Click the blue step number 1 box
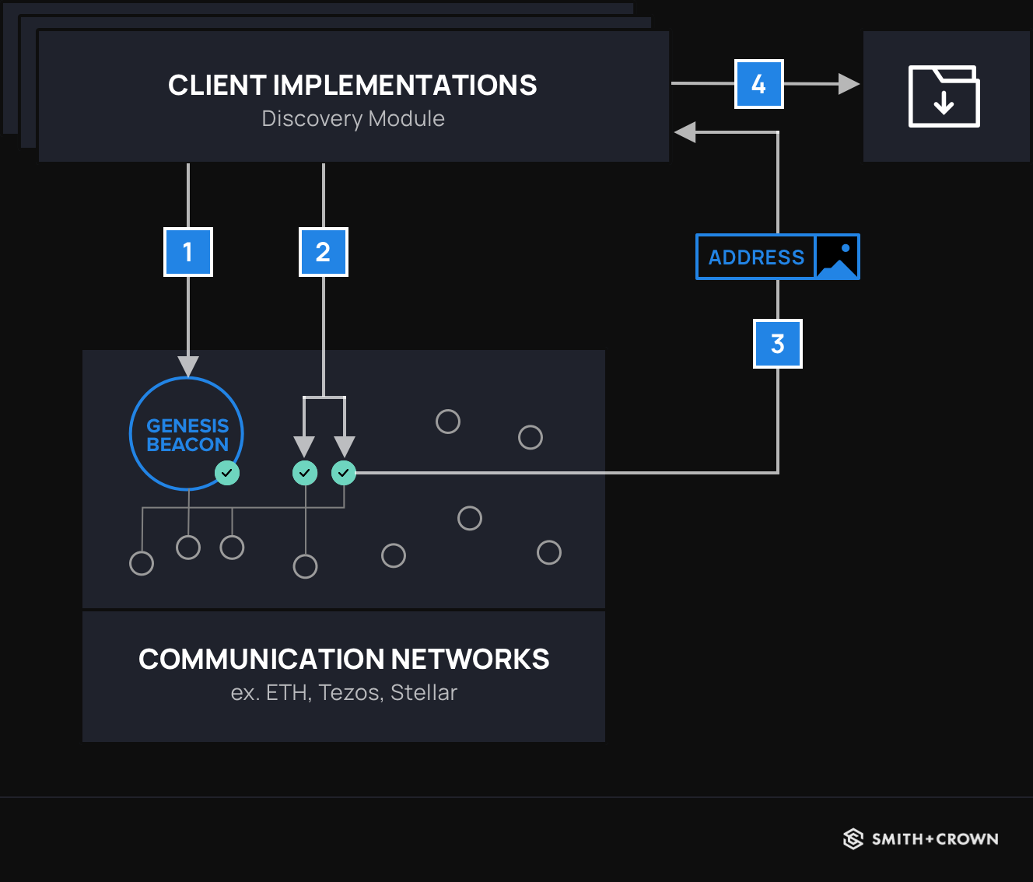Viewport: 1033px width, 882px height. click(x=188, y=252)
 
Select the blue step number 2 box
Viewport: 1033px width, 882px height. click(x=324, y=252)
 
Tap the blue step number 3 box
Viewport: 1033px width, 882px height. click(x=778, y=344)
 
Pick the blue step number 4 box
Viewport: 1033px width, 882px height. click(x=759, y=84)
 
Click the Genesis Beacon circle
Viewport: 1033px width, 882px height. click(x=187, y=433)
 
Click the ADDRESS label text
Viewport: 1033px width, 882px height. click(x=756, y=257)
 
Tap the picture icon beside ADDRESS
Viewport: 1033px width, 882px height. click(x=837, y=257)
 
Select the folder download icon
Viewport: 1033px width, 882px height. click(x=944, y=96)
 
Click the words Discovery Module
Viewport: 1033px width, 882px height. click(x=353, y=119)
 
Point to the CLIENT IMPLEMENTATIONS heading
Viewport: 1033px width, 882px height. click(x=352, y=86)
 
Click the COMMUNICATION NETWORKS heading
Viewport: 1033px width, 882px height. click(x=344, y=660)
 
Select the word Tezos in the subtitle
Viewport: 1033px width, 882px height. click(x=350, y=692)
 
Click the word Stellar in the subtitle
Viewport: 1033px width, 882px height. click(x=424, y=692)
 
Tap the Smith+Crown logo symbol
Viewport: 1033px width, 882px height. click(x=853, y=838)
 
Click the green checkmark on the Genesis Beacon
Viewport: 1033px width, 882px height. click(x=227, y=472)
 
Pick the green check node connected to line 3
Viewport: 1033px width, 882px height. click(x=344, y=472)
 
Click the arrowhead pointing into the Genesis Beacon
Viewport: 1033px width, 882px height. click(x=188, y=366)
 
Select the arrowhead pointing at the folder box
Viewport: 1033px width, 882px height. click(x=849, y=84)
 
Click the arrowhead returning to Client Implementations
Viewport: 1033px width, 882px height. click(x=685, y=132)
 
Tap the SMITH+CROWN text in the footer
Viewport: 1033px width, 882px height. click(x=935, y=839)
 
